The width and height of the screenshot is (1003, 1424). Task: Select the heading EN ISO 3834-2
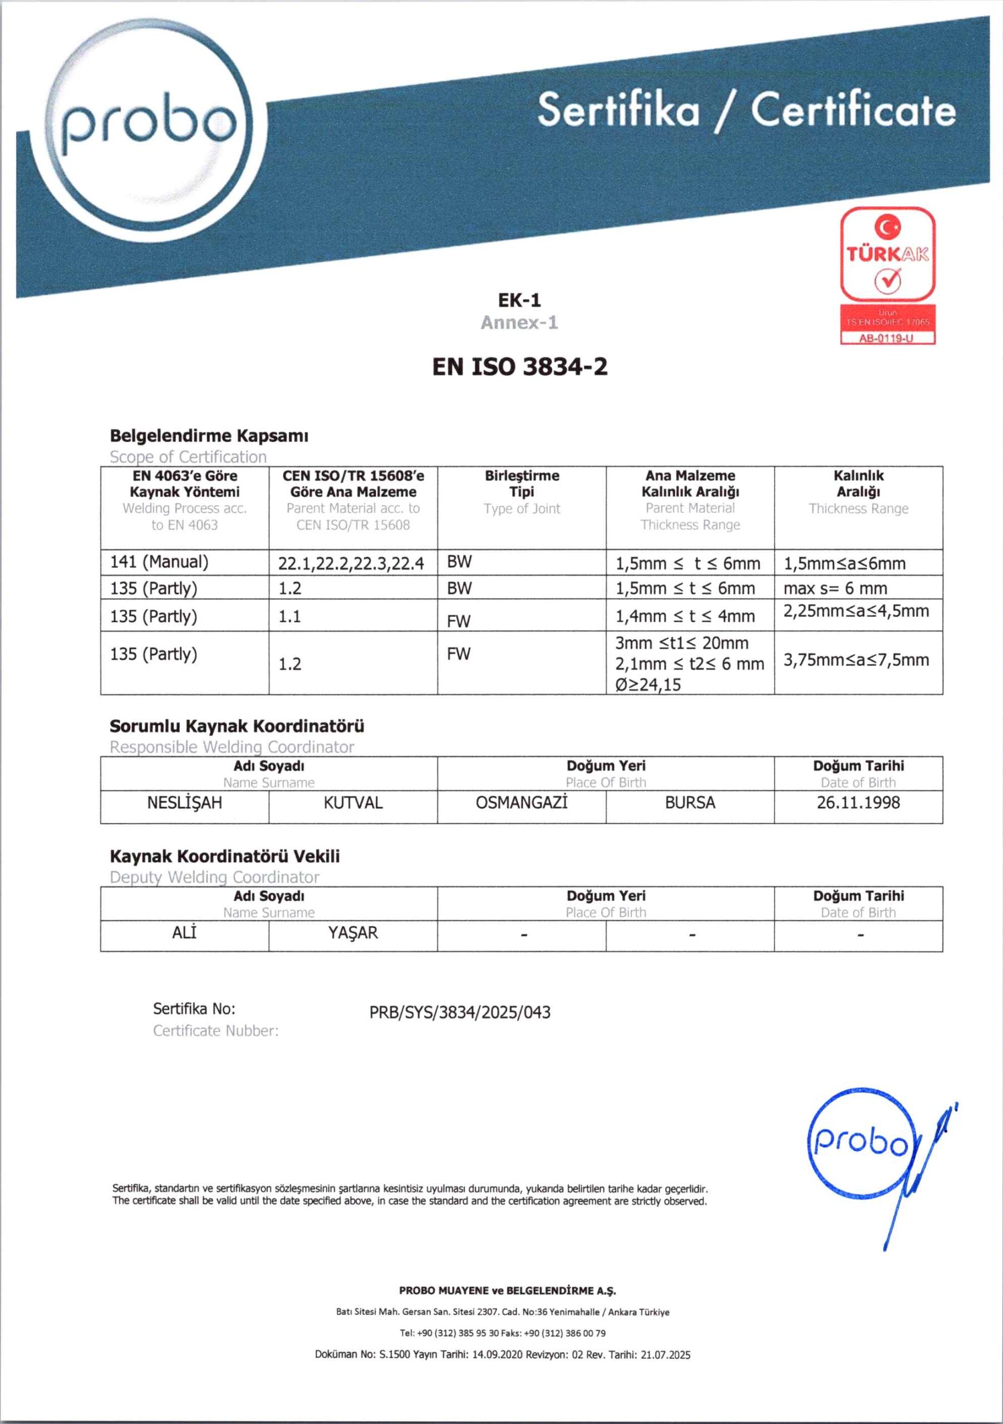coord(519,367)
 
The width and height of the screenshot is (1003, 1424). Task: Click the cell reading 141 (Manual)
coord(160,562)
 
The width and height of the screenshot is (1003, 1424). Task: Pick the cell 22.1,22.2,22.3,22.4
coord(351,563)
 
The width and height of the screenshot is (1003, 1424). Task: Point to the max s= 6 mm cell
coord(835,588)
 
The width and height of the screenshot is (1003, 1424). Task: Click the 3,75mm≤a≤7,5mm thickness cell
coord(856,660)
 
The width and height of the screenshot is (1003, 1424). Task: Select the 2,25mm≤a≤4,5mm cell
coord(856,611)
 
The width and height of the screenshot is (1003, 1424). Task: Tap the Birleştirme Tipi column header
coord(522,484)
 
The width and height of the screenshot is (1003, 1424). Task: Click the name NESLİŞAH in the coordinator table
coord(184,803)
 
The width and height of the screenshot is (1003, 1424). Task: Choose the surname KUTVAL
coord(353,803)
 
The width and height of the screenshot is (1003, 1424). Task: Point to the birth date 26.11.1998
coord(858,803)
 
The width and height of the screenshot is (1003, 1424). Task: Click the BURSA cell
coord(690,803)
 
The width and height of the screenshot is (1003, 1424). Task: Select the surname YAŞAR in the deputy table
coord(352,933)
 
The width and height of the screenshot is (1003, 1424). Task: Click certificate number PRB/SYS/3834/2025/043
coord(460,1012)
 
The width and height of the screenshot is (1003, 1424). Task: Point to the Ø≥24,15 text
coord(648,685)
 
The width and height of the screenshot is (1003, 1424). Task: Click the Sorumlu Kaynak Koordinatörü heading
coord(237,726)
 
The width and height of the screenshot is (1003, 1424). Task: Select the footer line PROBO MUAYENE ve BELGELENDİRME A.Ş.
coord(507,1290)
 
